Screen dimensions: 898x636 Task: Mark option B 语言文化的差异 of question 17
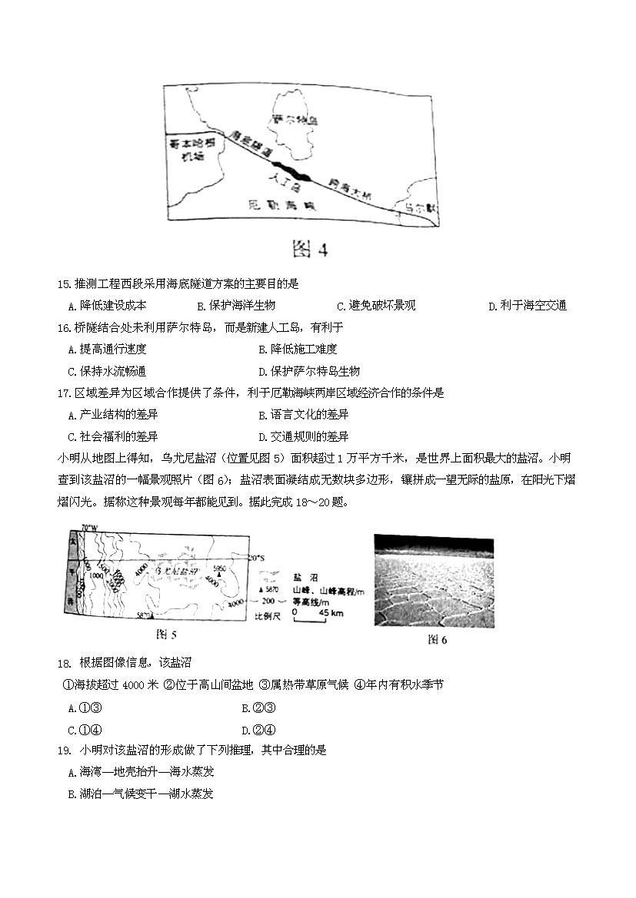pyautogui.click(x=304, y=415)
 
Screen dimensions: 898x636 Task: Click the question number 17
pyautogui.click(x=65, y=393)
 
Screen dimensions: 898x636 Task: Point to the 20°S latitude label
pyautogui.click(x=261, y=558)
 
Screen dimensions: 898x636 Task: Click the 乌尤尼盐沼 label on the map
pyautogui.click(x=176, y=572)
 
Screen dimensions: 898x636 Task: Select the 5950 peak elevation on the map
pyautogui.click(x=221, y=569)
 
